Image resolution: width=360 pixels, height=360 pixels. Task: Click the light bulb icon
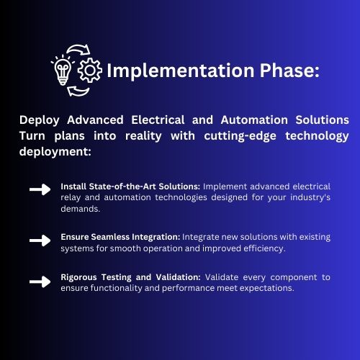click(x=63, y=71)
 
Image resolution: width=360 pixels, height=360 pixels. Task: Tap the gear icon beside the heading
click(x=90, y=71)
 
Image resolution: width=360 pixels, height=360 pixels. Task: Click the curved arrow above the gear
click(x=79, y=49)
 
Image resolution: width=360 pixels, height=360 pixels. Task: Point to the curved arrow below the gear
click(x=78, y=91)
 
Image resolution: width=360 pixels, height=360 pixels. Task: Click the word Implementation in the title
click(x=180, y=71)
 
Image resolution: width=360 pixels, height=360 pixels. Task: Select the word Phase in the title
click(x=287, y=71)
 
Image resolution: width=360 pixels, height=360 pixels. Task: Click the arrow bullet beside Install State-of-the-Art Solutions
click(x=40, y=189)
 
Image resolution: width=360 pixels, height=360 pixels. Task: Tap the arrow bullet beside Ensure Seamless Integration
click(x=40, y=240)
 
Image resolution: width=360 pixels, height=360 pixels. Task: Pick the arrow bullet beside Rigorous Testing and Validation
click(x=40, y=282)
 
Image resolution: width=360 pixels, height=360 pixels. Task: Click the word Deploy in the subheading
click(x=40, y=120)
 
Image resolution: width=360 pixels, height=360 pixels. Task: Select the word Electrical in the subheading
click(x=158, y=120)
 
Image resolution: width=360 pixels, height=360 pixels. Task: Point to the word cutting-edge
click(x=240, y=137)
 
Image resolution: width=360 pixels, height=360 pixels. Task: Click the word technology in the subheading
click(x=317, y=137)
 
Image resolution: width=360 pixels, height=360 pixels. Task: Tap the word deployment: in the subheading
click(x=55, y=152)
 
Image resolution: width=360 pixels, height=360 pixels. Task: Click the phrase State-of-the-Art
click(x=122, y=186)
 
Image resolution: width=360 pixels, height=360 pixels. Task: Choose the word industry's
click(x=310, y=198)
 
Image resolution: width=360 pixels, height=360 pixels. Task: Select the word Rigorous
click(x=78, y=278)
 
